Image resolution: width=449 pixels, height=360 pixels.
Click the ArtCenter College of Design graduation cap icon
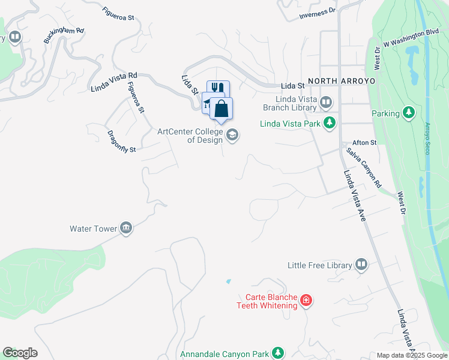pos(233,136)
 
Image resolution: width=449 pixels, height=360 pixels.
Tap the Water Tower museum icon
pos(125,228)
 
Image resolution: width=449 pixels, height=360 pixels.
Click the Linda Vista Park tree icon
pos(329,123)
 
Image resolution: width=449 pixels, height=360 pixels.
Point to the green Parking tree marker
pos(409,113)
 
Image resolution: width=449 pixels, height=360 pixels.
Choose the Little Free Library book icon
pos(361,265)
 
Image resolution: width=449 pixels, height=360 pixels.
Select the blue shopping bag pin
pos(221,109)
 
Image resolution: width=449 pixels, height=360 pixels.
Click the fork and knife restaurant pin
pos(218,88)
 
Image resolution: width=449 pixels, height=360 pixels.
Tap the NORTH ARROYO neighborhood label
pos(342,80)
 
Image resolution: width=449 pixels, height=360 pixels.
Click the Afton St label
pos(364,143)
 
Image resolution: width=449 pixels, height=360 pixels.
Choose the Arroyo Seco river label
pos(427,138)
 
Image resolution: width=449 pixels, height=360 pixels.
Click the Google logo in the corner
pos(20,353)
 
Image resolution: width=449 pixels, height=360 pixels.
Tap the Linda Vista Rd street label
pos(114,82)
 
